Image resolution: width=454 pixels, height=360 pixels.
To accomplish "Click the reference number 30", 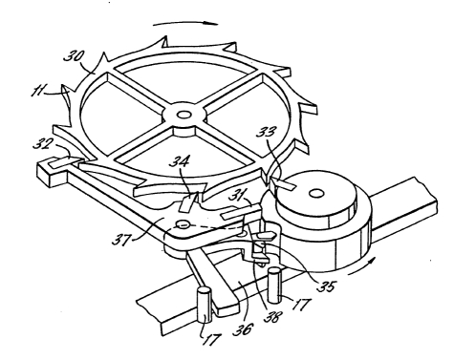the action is [74, 56].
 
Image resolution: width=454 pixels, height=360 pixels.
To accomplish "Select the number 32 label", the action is [42, 145].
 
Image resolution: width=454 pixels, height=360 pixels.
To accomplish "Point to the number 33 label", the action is [266, 131].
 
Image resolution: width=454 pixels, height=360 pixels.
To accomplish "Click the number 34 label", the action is [180, 160].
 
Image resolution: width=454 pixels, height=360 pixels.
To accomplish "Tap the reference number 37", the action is [120, 239].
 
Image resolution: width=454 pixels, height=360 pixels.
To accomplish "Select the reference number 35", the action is [325, 286].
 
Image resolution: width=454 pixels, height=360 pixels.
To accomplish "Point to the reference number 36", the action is [243, 329].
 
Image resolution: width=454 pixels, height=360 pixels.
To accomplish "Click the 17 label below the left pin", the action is [211, 339].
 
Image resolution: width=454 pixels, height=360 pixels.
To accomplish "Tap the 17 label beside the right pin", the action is [300, 305].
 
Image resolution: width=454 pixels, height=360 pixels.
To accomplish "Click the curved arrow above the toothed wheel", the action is [185, 23].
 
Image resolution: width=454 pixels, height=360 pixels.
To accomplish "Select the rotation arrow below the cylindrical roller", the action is [361, 267].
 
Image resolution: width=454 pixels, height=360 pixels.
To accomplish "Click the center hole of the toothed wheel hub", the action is [183, 114].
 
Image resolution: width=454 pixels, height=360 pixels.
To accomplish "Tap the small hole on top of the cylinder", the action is [316, 193].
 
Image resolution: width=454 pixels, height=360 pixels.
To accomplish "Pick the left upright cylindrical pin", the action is [205, 305].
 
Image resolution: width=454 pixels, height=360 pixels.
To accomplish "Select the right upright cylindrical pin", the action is [274, 286].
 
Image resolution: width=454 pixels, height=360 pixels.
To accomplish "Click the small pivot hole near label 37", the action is [183, 224].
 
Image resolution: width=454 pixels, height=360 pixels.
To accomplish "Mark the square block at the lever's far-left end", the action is [52, 172].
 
